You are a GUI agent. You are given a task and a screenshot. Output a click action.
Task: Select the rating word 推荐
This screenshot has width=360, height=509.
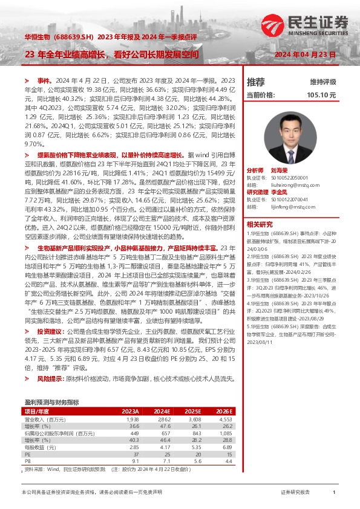[x=256, y=82]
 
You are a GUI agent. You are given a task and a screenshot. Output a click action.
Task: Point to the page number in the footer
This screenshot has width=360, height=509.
[x=334, y=492]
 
